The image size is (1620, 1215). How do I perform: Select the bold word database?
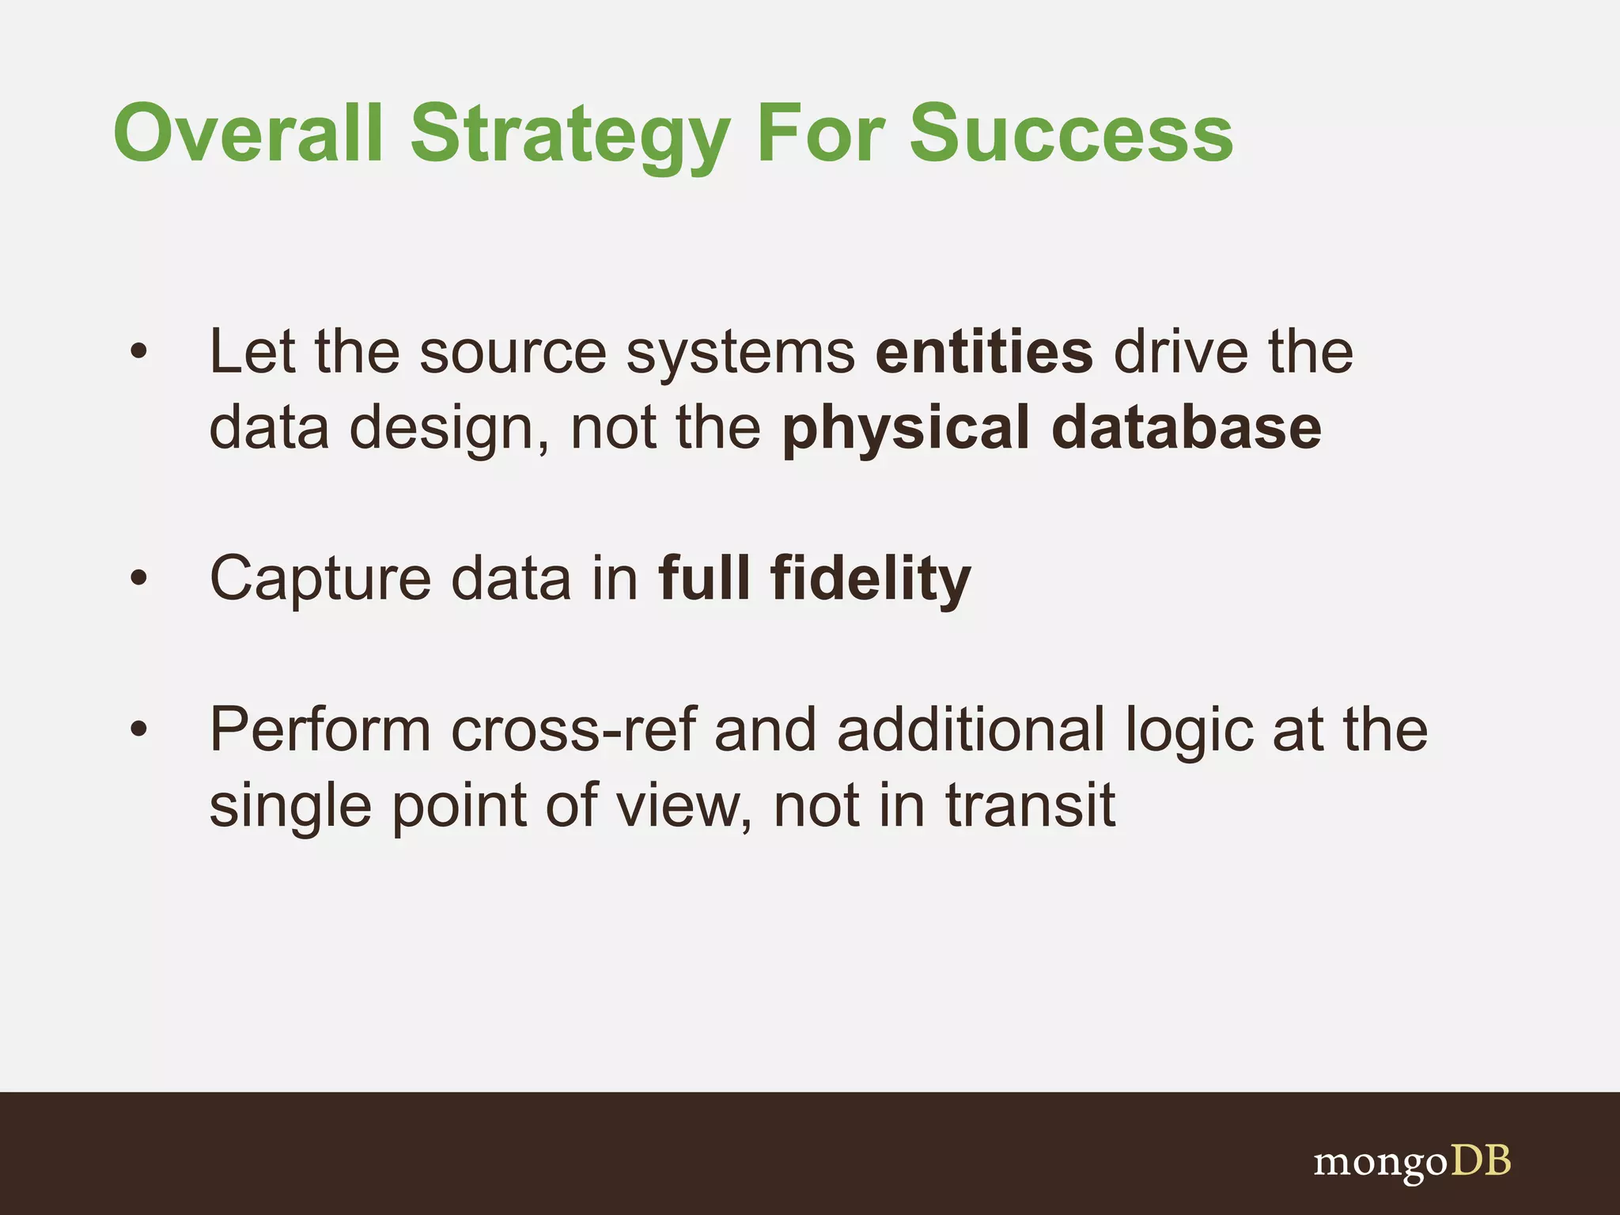click(x=1187, y=427)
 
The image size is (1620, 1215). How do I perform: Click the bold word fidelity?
click(x=870, y=579)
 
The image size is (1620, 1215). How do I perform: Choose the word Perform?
click(x=320, y=729)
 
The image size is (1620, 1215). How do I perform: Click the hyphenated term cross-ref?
click(x=574, y=729)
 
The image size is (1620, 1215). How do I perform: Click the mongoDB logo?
click(x=1412, y=1162)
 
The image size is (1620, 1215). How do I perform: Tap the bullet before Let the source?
click(x=139, y=353)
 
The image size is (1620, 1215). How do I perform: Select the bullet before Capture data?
click(x=139, y=579)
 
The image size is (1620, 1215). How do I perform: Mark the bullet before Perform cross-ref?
click(x=139, y=729)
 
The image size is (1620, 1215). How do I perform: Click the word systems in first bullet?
click(x=740, y=354)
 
